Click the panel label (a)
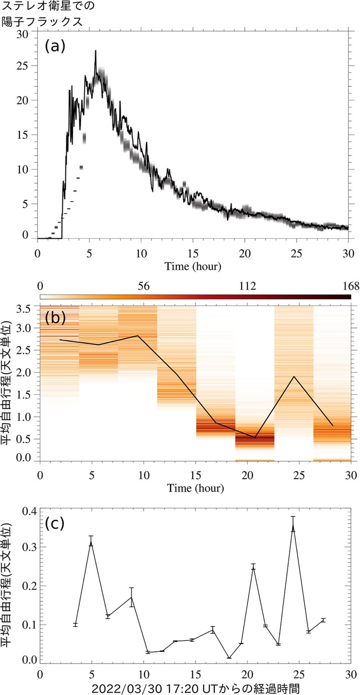[x=55, y=47]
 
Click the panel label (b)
[x=55, y=317]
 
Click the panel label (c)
[x=55, y=523]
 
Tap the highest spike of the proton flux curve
[x=96, y=50]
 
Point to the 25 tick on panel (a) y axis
[x=22, y=66]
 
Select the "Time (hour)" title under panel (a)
[x=193, y=266]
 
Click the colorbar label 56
[x=143, y=286]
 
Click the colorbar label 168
[x=351, y=286]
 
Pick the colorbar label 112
[x=248, y=286]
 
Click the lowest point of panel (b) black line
[x=255, y=437]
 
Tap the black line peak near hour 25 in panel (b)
[x=294, y=377]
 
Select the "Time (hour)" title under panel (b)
[x=196, y=488]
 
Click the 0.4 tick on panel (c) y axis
[x=30, y=511]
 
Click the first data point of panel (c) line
[x=75, y=624]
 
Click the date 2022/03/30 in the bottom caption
[x=127, y=688]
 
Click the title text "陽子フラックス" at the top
[x=43, y=22]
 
